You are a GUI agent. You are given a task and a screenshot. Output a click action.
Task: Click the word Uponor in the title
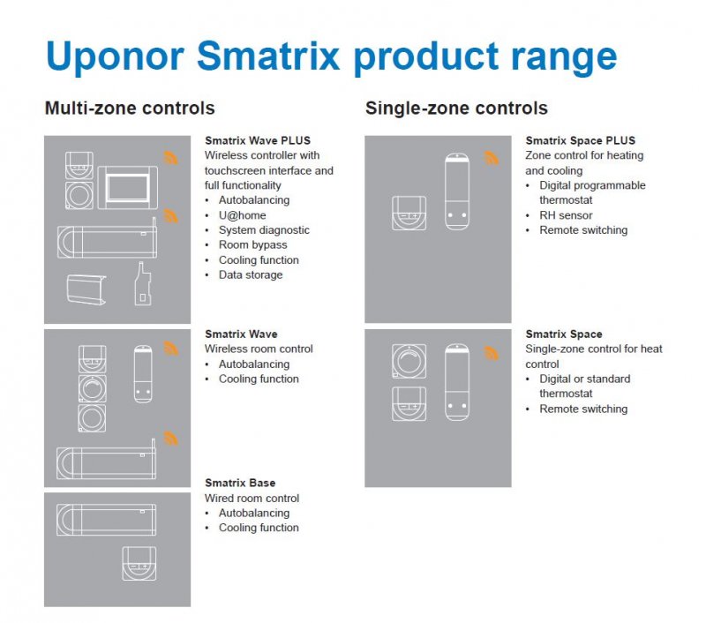coord(116,56)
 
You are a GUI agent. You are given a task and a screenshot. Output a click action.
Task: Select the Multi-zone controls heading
coord(130,108)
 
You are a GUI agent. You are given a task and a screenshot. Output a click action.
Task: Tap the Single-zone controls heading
coord(456,108)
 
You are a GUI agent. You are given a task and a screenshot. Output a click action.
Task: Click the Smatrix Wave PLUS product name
coord(258,140)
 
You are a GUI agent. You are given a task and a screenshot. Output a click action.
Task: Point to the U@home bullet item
coord(242,215)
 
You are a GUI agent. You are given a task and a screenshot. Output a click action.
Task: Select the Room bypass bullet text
coord(252,245)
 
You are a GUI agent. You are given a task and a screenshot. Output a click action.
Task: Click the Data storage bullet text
coord(251,274)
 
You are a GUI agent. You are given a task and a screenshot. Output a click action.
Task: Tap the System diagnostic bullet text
coord(264,230)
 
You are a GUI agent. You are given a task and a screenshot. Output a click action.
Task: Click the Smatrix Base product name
coord(240,483)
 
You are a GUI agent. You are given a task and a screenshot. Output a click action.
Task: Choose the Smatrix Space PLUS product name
coord(581,140)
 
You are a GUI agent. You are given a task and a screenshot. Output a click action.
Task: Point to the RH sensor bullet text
coord(566,215)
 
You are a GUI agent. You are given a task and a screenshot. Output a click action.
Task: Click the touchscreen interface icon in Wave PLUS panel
coord(128,188)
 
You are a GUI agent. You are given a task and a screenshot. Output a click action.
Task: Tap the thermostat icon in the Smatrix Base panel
coord(139,563)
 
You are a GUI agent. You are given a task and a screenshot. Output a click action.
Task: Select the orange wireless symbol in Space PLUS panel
coord(492,158)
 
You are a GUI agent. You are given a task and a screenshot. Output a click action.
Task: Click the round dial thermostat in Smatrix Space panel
coord(409,361)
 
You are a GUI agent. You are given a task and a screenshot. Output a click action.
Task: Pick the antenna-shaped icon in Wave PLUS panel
coord(142,284)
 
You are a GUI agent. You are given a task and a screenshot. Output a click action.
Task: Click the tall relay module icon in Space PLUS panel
coord(456,191)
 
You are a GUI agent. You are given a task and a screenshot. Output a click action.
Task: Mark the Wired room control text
coord(252,499)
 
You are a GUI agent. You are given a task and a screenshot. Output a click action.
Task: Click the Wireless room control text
coord(259,349)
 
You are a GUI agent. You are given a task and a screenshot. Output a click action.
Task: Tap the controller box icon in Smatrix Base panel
coord(106,520)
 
